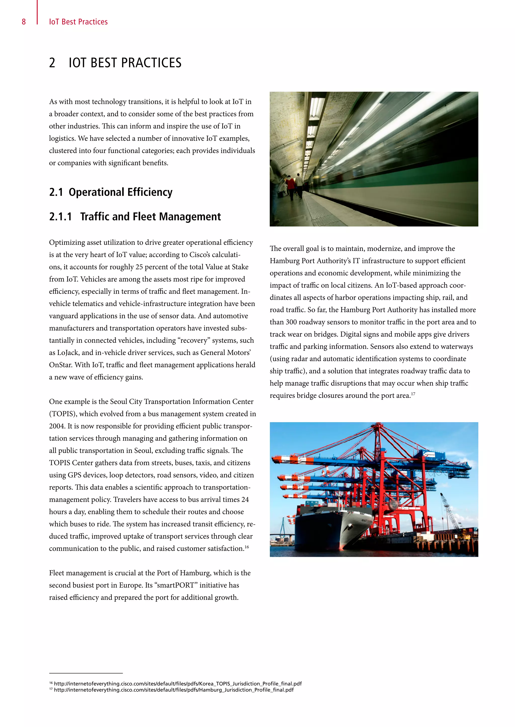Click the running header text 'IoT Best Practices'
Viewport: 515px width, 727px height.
78,22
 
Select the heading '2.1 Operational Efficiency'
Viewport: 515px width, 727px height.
111,192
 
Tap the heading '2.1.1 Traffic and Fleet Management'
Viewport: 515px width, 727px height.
135,217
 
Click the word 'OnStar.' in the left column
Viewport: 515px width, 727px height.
61,365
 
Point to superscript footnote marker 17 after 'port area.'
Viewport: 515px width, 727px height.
413,394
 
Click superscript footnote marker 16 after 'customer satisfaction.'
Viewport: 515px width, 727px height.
247,547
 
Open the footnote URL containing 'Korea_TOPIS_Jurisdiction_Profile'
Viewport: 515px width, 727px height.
178,684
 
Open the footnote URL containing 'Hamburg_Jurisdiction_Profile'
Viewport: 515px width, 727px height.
174,690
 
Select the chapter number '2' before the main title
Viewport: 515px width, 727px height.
52,63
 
